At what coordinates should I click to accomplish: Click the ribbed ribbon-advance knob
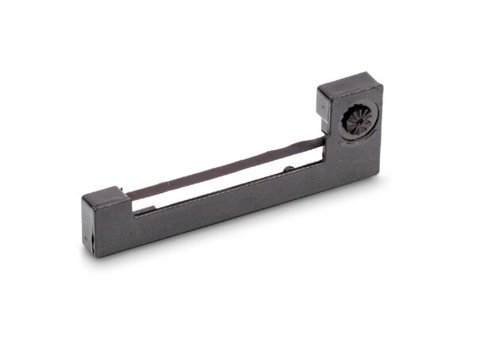359,121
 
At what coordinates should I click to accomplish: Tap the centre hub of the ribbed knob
359,121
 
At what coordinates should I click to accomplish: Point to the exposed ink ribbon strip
223,169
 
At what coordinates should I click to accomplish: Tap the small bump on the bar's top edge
287,168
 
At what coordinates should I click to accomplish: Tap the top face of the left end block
103,195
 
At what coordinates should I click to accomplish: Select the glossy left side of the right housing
325,119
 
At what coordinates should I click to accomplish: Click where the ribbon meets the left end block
129,195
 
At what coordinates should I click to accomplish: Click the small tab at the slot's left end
137,208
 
